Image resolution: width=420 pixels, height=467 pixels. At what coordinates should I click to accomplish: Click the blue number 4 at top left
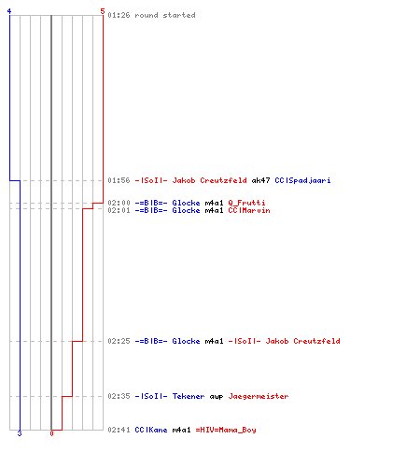tap(9, 11)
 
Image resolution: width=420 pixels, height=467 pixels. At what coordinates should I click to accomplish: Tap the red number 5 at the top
tap(103, 11)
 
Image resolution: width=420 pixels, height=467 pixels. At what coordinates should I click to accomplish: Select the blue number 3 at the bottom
tap(20, 433)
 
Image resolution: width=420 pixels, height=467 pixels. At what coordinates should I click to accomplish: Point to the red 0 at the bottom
tap(51, 433)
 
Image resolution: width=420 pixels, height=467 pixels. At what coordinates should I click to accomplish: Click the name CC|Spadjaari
tap(302, 180)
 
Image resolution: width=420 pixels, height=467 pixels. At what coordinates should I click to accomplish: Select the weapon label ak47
tap(260, 180)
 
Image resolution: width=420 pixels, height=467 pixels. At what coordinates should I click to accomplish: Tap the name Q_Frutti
tap(246, 203)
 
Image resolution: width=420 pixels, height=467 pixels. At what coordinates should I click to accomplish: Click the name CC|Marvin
tap(249, 210)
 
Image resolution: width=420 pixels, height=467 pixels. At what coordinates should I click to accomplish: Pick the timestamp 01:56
tap(119, 180)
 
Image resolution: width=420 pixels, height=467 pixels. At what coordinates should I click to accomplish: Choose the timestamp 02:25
tap(119, 341)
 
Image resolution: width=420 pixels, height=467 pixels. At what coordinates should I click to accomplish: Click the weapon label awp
tap(217, 397)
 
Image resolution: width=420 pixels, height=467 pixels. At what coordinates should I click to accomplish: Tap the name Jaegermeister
tap(259, 396)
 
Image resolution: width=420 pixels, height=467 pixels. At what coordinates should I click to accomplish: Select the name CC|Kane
tap(151, 430)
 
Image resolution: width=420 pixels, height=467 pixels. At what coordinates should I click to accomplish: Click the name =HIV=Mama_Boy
tap(226, 430)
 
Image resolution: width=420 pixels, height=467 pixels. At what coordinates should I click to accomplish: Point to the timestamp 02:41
tap(119, 430)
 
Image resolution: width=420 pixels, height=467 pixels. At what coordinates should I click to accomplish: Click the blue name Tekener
tap(189, 396)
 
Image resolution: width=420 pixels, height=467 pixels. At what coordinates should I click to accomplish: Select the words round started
tap(165, 15)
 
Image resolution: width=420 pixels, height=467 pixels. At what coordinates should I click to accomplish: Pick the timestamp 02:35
tap(119, 396)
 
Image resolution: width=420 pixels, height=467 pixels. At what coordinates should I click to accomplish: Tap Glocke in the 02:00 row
tap(186, 203)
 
